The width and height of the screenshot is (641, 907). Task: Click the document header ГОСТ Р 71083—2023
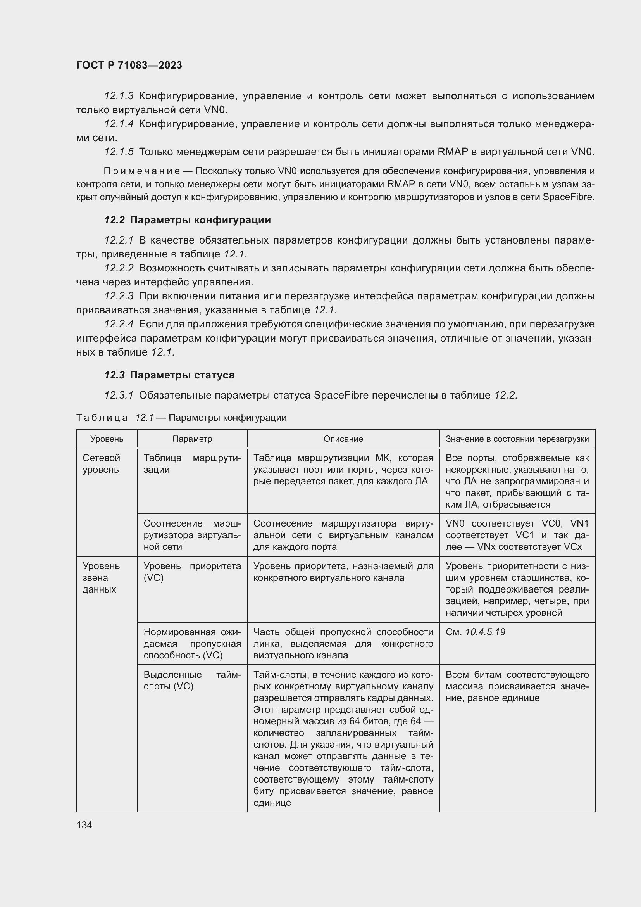pyautogui.click(x=129, y=65)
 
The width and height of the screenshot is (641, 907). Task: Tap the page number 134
pyautogui.click(x=84, y=825)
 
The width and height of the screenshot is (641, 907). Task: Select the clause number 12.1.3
pyautogui.click(x=119, y=96)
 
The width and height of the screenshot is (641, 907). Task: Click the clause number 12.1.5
pyautogui.click(x=119, y=152)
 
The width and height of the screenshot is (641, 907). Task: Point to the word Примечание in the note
pyautogui.click(x=142, y=171)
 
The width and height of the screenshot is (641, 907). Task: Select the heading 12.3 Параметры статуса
pyautogui.click(x=169, y=375)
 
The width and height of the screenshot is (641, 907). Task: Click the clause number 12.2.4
pyautogui.click(x=119, y=324)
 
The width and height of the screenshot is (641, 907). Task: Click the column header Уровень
pyautogui.click(x=107, y=439)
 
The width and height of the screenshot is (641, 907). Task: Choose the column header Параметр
pyautogui.click(x=192, y=439)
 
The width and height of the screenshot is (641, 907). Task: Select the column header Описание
pyautogui.click(x=343, y=439)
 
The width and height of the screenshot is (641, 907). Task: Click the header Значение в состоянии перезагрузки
pyautogui.click(x=517, y=439)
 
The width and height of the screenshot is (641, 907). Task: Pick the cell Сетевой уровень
pyautogui.click(x=101, y=464)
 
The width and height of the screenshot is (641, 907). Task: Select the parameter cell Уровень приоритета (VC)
pyautogui.click(x=192, y=572)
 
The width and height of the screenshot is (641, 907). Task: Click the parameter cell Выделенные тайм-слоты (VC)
pyautogui.click(x=192, y=680)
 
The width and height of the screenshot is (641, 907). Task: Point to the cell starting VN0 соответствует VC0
pyautogui.click(x=517, y=535)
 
